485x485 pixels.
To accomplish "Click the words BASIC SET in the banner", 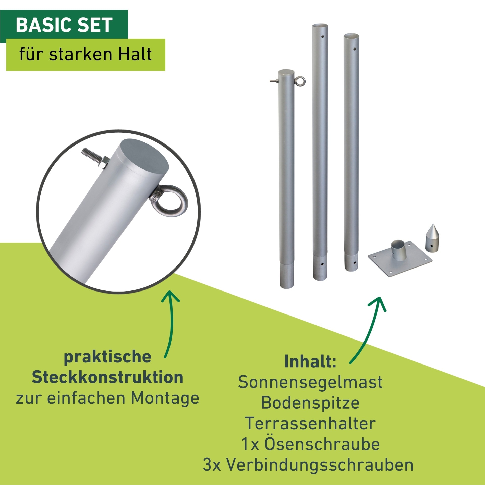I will tap(64, 25).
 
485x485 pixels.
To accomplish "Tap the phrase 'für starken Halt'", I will tap(85, 54).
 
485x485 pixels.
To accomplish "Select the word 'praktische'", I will tap(108, 357).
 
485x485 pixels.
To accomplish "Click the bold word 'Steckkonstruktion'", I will tap(107, 377).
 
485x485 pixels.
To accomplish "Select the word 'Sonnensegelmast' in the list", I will tap(310, 382).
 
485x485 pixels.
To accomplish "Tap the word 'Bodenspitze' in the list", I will tap(310, 402).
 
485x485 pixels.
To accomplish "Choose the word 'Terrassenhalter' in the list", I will tap(310, 423).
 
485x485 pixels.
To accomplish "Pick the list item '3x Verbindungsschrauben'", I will tap(308, 465).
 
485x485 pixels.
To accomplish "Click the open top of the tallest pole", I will tap(320, 26).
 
